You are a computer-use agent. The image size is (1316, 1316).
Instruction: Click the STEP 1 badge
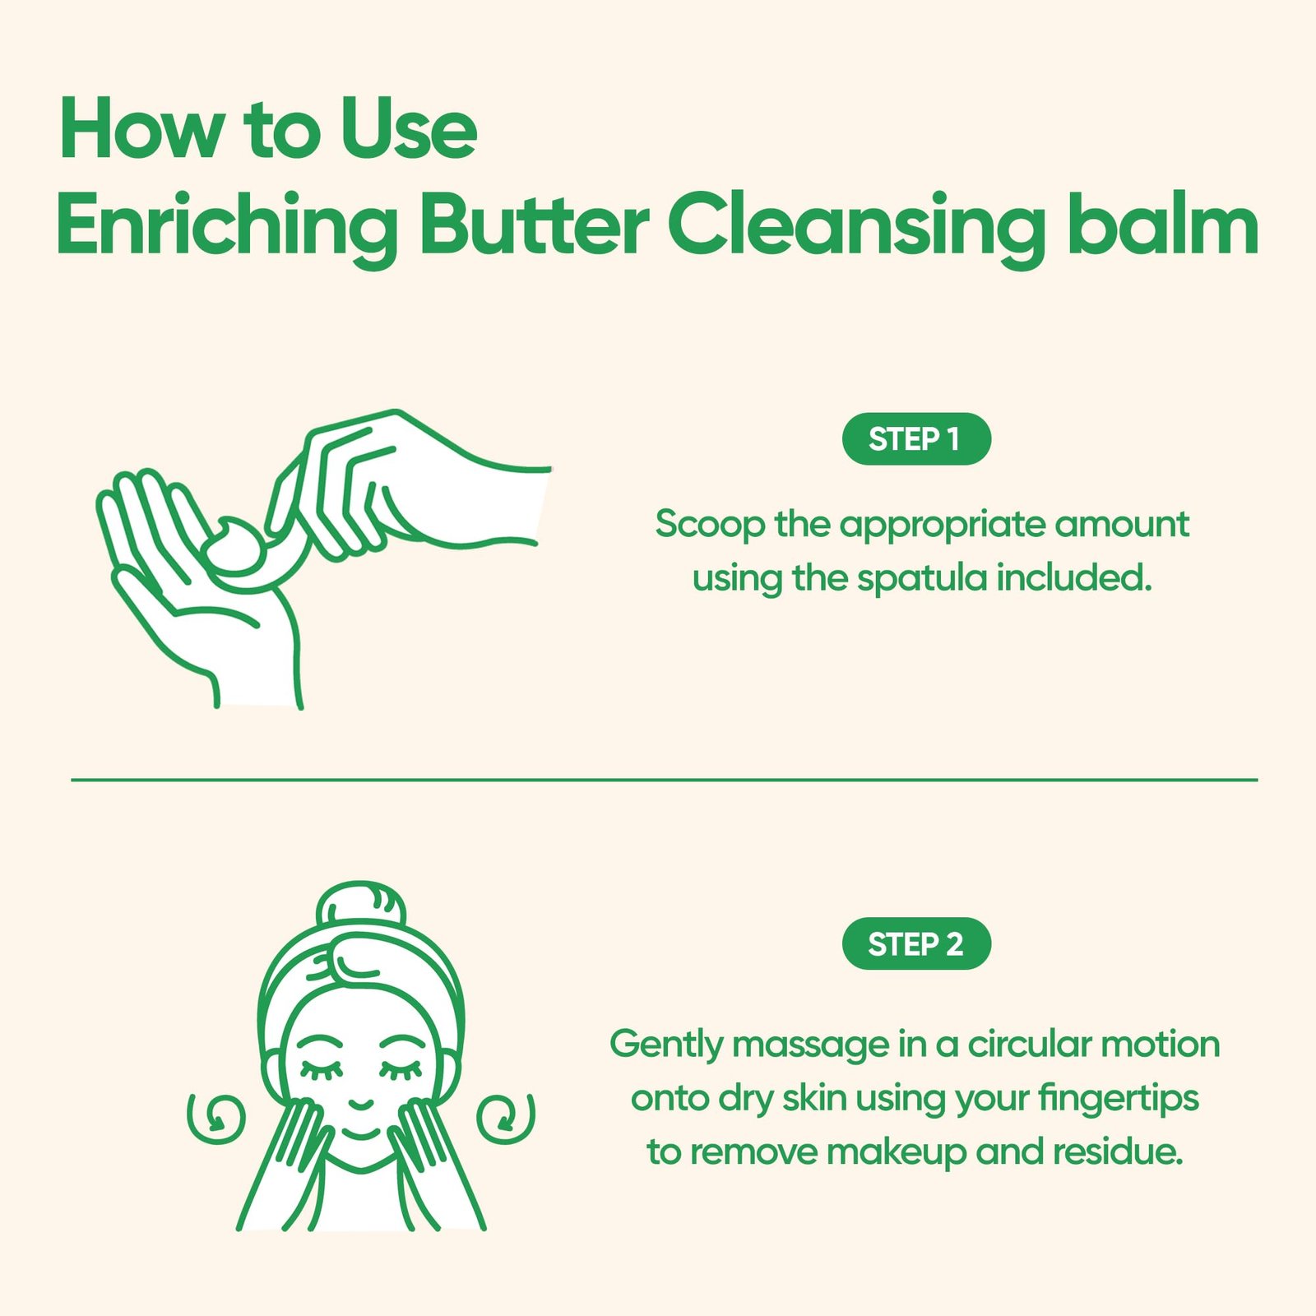pyautogui.click(x=916, y=439)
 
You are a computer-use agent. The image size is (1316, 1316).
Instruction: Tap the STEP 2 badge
pyautogui.click(x=916, y=943)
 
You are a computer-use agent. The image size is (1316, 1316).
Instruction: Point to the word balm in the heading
pyautogui.click(x=1163, y=222)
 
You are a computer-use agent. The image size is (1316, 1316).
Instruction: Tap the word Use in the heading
pyautogui.click(x=409, y=130)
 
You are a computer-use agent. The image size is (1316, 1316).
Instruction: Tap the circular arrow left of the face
pyautogui.click(x=216, y=1117)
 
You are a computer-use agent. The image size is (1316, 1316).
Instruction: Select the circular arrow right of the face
pyautogui.click(x=506, y=1117)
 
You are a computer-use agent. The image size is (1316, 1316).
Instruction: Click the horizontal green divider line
pyautogui.click(x=665, y=779)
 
